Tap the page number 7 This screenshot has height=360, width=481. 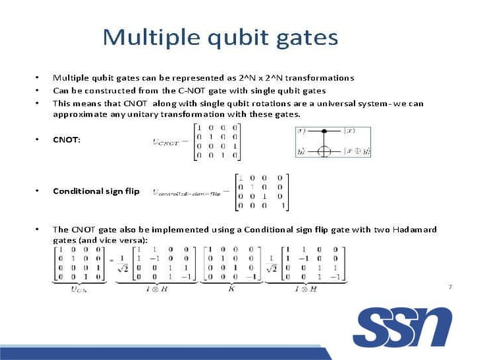point(449,286)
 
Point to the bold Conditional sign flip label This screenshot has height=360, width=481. point(96,191)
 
